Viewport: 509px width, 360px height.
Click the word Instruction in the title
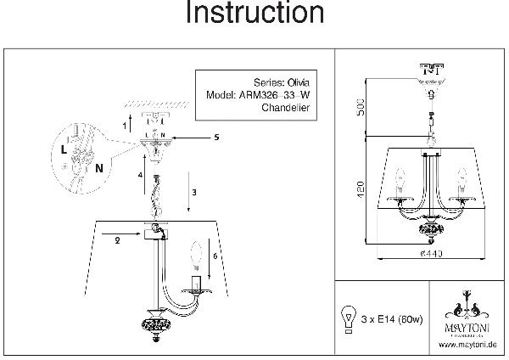(254, 14)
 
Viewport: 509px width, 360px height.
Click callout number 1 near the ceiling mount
(125, 125)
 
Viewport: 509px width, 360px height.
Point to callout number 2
(116, 240)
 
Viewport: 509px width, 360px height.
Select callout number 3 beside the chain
(194, 193)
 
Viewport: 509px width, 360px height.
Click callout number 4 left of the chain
(141, 176)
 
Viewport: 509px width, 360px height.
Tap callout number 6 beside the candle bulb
(215, 255)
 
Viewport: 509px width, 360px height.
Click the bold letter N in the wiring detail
(99, 167)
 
